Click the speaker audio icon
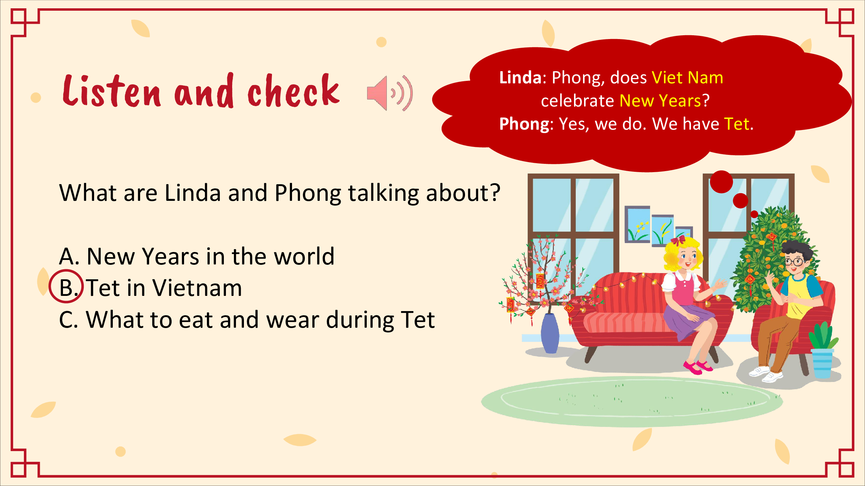coord(390,93)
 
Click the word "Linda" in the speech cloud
coord(520,77)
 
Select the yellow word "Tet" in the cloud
coord(737,124)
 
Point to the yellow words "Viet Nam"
coord(687,77)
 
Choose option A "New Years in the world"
coord(197,256)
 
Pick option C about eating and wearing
coord(247,320)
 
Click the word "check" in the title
coord(294,91)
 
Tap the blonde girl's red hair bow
coord(678,240)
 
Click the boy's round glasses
coord(794,261)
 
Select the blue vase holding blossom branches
coord(550,333)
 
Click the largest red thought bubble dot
coord(721,182)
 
